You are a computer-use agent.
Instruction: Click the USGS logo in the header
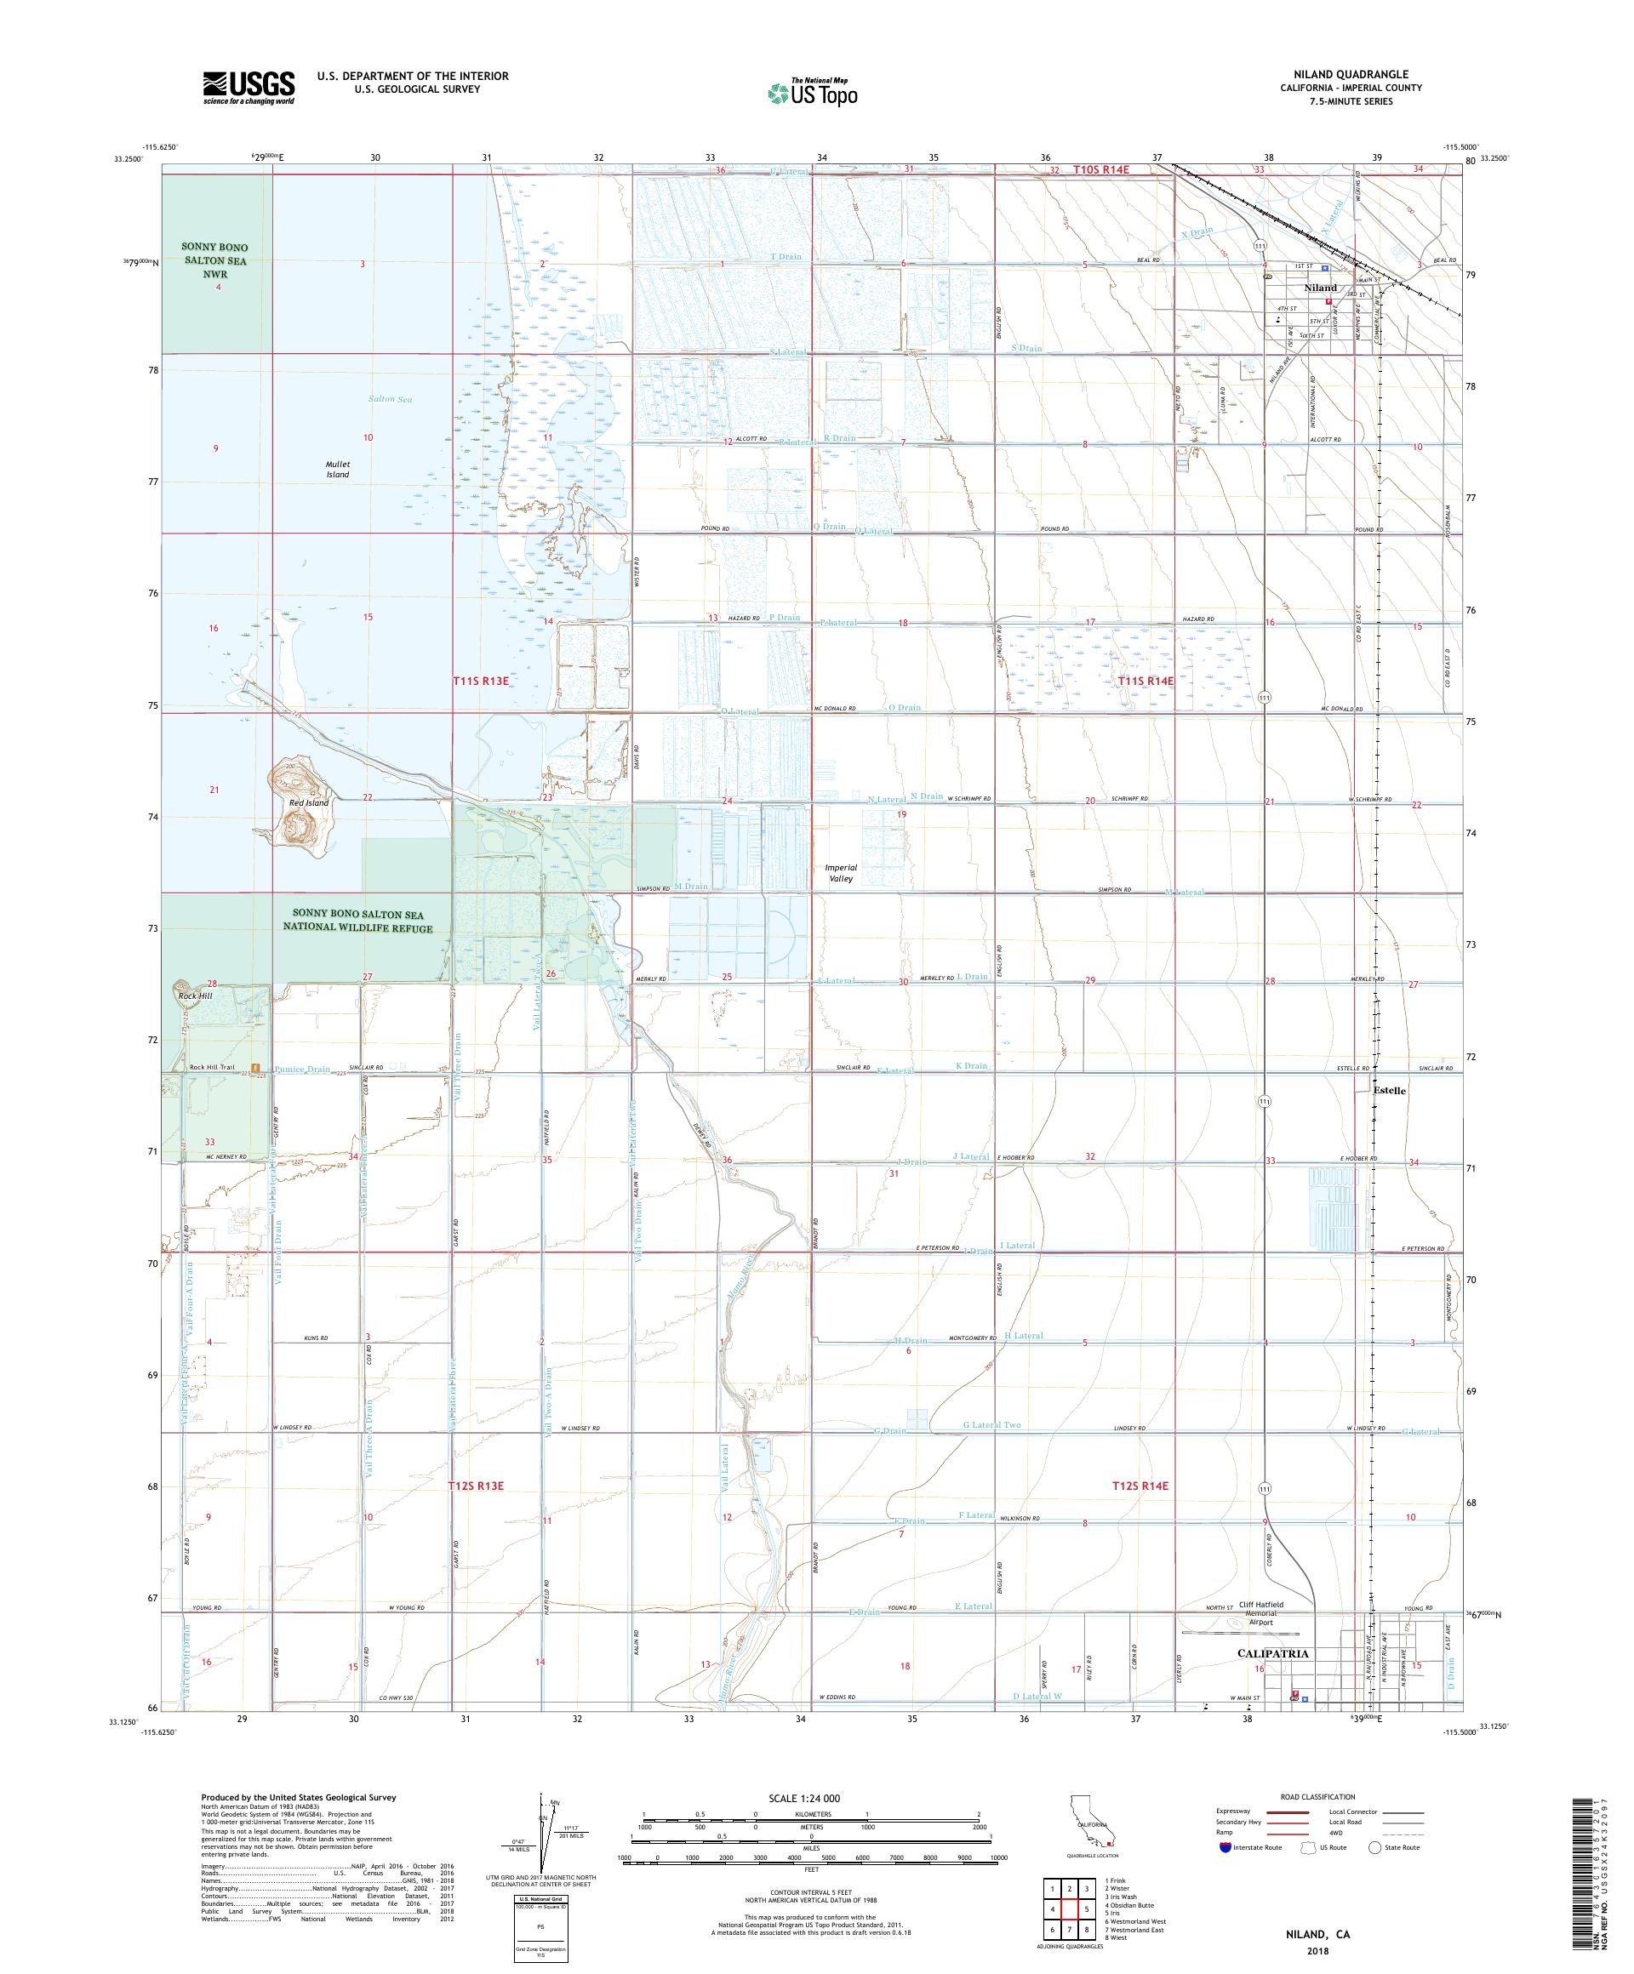click(x=249, y=88)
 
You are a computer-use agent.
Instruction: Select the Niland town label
click(x=1319, y=288)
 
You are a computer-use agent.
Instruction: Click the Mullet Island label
click(x=338, y=469)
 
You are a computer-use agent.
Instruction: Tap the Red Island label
click(x=309, y=802)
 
